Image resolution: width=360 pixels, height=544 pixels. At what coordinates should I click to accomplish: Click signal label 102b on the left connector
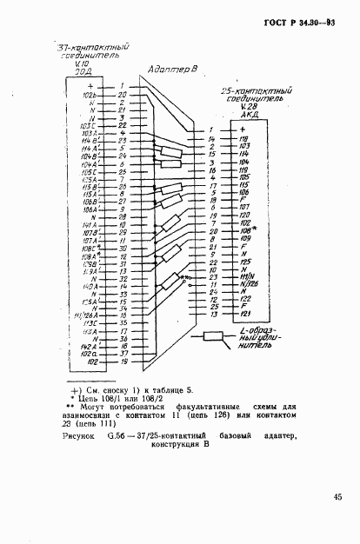(x=90, y=94)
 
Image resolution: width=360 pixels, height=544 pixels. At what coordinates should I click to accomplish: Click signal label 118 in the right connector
(x=244, y=138)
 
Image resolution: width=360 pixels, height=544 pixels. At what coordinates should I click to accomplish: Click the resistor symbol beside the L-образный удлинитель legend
(x=214, y=336)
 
